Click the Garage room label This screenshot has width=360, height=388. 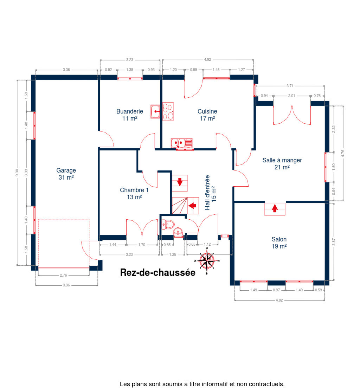66,174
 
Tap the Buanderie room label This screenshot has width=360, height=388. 130,115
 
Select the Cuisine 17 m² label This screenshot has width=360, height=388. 207,115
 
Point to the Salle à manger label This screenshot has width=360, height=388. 282,163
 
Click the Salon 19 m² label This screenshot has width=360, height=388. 279,243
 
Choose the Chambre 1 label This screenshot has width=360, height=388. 134,194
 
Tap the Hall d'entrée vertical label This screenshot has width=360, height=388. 211,193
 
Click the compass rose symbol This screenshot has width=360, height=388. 207,261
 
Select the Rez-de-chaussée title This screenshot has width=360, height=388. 158,272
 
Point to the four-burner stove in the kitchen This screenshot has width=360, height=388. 168,112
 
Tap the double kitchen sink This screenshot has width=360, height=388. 181,143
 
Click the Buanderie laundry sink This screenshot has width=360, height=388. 155,112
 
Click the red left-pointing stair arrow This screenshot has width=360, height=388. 192,206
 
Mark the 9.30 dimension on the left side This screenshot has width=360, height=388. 17,173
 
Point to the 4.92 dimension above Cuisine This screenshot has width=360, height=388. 207,60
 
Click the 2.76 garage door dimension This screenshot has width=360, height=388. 63,275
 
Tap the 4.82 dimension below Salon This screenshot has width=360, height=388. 279,300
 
